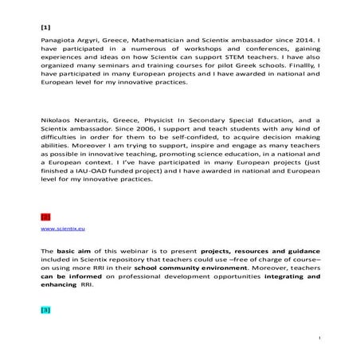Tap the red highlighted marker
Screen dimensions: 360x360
point(45,216)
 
